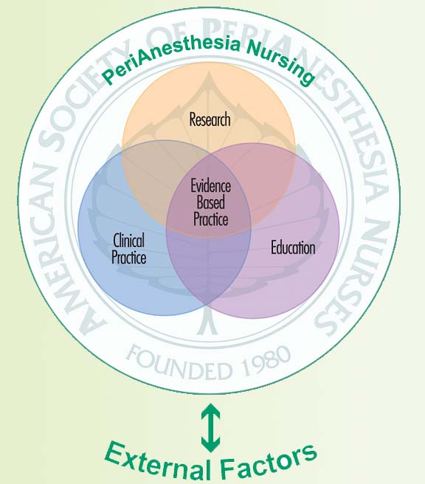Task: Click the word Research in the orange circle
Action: coord(210,120)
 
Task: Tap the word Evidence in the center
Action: coord(211,186)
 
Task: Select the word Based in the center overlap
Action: coord(211,203)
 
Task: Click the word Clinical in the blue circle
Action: coord(128,241)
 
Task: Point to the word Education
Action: coord(293,248)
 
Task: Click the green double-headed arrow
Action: coord(211,428)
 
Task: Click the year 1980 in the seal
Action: coord(266,363)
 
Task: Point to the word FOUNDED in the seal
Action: coord(179,364)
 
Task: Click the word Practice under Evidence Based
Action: coord(211,219)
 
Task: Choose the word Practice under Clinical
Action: coord(128,257)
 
